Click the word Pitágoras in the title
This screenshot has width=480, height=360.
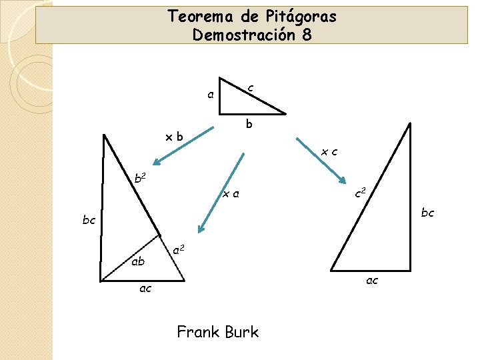point(300,16)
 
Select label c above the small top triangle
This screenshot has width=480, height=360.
point(250,87)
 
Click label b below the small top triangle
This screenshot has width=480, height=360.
point(248,124)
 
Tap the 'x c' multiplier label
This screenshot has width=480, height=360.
point(329,151)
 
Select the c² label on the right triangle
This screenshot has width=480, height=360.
point(360,193)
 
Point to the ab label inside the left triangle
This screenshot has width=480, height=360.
point(138,261)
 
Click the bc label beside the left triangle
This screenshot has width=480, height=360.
point(89,219)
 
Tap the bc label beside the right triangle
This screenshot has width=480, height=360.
point(427,213)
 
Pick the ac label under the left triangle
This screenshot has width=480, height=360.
point(145,288)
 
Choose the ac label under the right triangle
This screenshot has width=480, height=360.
point(372,281)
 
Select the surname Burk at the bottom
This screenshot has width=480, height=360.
point(241,331)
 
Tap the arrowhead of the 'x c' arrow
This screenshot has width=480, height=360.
point(342,180)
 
